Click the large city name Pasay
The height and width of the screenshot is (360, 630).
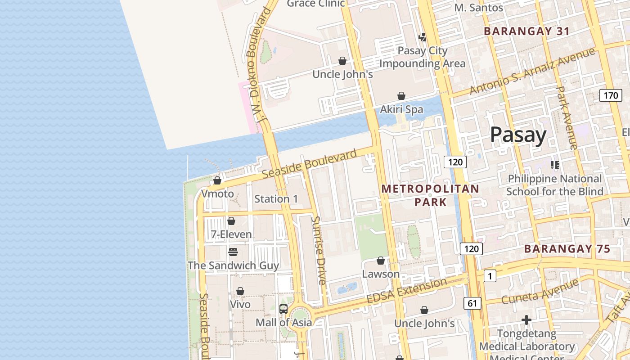pos(518,135)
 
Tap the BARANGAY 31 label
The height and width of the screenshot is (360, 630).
pos(526,31)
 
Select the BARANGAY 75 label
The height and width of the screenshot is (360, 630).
pos(567,249)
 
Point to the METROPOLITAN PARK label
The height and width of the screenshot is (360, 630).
pos(430,195)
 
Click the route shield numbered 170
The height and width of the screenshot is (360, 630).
pos(611,95)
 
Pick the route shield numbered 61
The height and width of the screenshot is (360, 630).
pos(472,303)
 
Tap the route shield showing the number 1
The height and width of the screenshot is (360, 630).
pos(490,276)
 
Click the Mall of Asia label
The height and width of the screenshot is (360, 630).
pos(283,322)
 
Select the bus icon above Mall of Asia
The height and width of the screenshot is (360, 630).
pos(283,309)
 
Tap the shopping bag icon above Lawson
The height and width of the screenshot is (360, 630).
pos(381,261)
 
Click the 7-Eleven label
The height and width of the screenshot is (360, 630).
pos(231,234)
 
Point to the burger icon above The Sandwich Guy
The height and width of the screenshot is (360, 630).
pos(233,252)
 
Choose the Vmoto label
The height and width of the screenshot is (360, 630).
pos(217,194)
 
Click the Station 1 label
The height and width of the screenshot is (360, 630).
pos(276,198)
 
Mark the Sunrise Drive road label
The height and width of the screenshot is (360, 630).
pos(319,250)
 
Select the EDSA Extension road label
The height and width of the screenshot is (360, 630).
pos(407,291)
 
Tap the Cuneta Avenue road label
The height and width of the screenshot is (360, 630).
pos(540,291)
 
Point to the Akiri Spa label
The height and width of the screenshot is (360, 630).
pos(401,109)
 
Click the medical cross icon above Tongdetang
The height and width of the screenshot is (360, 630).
pos(526,320)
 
